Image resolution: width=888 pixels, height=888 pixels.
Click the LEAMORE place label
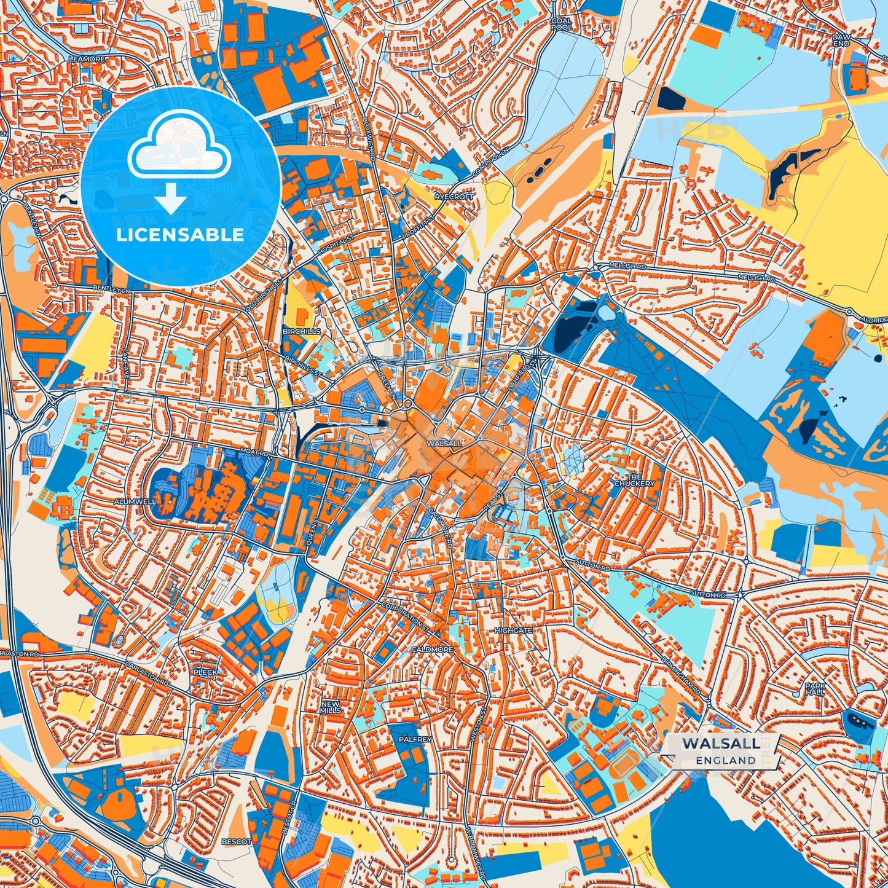tap(88, 59)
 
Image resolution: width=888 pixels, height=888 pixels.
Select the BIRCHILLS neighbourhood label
tap(301, 331)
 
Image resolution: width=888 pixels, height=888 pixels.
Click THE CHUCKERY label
tap(634, 480)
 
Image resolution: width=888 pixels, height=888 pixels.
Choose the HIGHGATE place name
tap(513, 631)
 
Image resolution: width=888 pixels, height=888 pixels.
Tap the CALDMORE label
tap(432, 650)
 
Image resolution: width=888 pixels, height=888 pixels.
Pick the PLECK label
tap(205, 672)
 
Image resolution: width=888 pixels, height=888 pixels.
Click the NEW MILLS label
tap(330, 707)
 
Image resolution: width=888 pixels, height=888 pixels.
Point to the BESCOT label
tap(236, 841)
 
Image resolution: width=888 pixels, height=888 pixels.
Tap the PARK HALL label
tap(816, 689)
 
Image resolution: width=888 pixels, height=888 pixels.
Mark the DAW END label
tap(841, 40)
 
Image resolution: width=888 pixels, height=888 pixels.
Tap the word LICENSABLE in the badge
tap(181, 235)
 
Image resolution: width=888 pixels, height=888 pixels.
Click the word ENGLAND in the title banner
tap(726, 760)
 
